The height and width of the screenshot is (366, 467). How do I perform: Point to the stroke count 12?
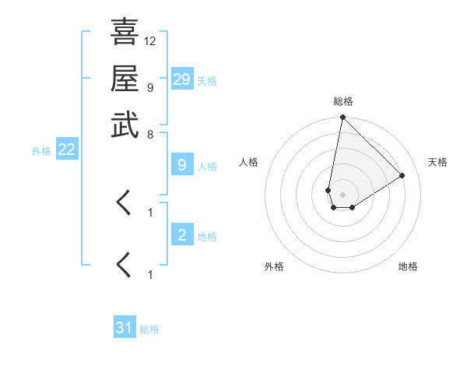click(x=150, y=40)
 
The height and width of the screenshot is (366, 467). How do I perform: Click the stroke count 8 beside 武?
click(x=150, y=134)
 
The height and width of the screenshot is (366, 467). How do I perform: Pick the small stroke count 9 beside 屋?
click(x=150, y=87)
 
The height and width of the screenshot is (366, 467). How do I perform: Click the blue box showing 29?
click(x=182, y=79)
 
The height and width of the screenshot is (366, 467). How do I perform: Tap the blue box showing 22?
click(x=67, y=150)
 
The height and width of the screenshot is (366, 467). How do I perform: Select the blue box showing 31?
click(x=125, y=328)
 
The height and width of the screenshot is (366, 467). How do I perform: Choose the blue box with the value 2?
click(x=182, y=235)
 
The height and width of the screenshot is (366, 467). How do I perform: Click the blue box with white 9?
click(x=182, y=165)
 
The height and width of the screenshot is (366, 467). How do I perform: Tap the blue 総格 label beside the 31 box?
click(x=149, y=329)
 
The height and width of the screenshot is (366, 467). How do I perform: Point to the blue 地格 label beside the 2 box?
click(x=207, y=237)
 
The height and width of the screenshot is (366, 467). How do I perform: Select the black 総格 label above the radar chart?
click(x=342, y=102)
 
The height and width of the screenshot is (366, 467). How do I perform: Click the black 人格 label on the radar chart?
click(x=249, y=162)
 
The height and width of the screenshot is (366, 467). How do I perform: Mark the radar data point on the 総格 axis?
click(x=342, y=118)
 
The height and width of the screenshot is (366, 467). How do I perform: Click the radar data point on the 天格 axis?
click(x=402, y=175)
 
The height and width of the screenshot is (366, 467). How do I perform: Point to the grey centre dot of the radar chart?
click(x=342, y=195)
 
